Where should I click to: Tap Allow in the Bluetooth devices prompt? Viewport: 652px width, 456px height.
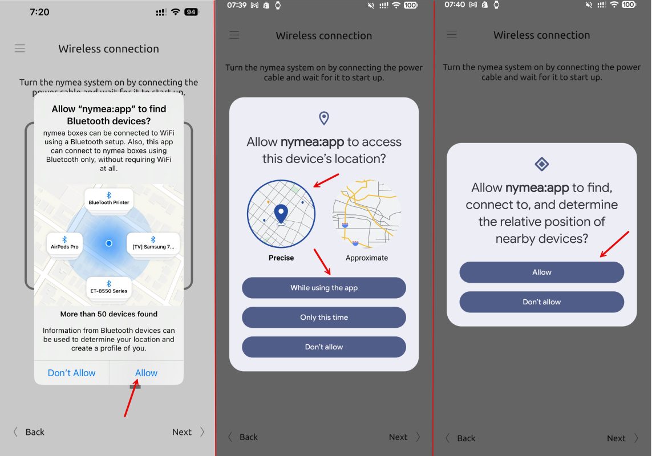146,373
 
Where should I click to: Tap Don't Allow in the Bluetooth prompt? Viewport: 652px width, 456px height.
71,373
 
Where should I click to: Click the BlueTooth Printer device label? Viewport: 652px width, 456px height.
109,199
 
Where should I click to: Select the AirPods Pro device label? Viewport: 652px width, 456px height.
64,243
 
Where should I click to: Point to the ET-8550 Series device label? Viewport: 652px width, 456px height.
109,288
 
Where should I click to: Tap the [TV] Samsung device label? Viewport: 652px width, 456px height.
153,243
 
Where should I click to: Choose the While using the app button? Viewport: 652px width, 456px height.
324,288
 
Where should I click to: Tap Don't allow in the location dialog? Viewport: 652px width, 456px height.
324,347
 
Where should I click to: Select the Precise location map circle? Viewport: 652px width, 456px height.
281,214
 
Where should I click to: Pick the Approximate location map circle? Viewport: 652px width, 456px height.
367,214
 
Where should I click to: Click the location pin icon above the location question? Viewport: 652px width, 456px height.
324,118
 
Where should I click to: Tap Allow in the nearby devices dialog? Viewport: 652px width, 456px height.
541,272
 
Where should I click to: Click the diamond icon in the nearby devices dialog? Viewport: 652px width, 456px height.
541,164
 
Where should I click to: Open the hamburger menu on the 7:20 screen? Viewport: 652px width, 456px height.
20,48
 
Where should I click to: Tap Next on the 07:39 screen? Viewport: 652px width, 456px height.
398,437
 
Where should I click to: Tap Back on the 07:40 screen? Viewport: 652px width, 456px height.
465,438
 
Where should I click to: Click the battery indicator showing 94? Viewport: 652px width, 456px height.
191,12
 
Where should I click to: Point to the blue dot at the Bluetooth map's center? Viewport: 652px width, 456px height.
109,243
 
